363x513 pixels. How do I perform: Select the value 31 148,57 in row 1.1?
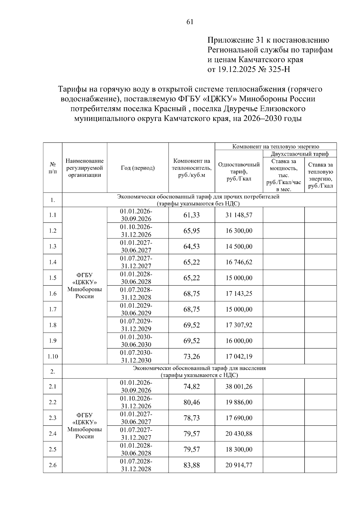[239, 215]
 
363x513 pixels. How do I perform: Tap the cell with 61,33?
[191, 215]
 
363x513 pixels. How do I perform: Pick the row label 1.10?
[53, 356]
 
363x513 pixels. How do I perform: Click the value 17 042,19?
[239, 356]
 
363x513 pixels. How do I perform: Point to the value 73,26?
[191, 356]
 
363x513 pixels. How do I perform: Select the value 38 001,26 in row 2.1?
[239, 386]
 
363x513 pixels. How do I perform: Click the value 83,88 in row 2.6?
[191, 465]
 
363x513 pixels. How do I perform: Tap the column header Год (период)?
[138, 168]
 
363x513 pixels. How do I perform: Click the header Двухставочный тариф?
[299, 154]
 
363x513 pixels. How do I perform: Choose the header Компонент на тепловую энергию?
[276, 147]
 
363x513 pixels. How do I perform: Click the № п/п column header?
[53, 168]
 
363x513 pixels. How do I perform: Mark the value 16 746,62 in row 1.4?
[239, 262]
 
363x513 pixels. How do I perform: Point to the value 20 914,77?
[239, 465]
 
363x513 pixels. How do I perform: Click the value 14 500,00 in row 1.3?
[239, 246]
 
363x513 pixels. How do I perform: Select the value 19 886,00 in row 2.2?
[239, 402]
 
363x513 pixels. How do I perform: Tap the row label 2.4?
[53, 433]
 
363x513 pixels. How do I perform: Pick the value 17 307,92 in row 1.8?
[239, 325]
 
